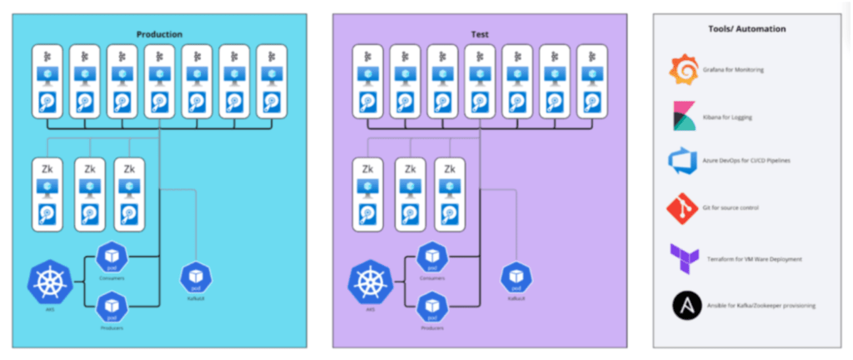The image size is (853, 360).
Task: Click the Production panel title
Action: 159,34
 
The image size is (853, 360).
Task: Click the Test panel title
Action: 479,34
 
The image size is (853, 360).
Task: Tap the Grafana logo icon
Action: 684,69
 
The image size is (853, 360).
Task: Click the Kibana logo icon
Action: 684,117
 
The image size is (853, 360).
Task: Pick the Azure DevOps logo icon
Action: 684,159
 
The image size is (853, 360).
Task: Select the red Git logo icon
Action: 684,207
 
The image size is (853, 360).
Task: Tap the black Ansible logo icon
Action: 684,305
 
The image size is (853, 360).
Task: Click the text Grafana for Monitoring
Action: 734,70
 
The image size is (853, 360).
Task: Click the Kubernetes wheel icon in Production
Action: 49,282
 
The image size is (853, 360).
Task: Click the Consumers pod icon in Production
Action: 111,257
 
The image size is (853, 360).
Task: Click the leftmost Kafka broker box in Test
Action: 367,81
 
